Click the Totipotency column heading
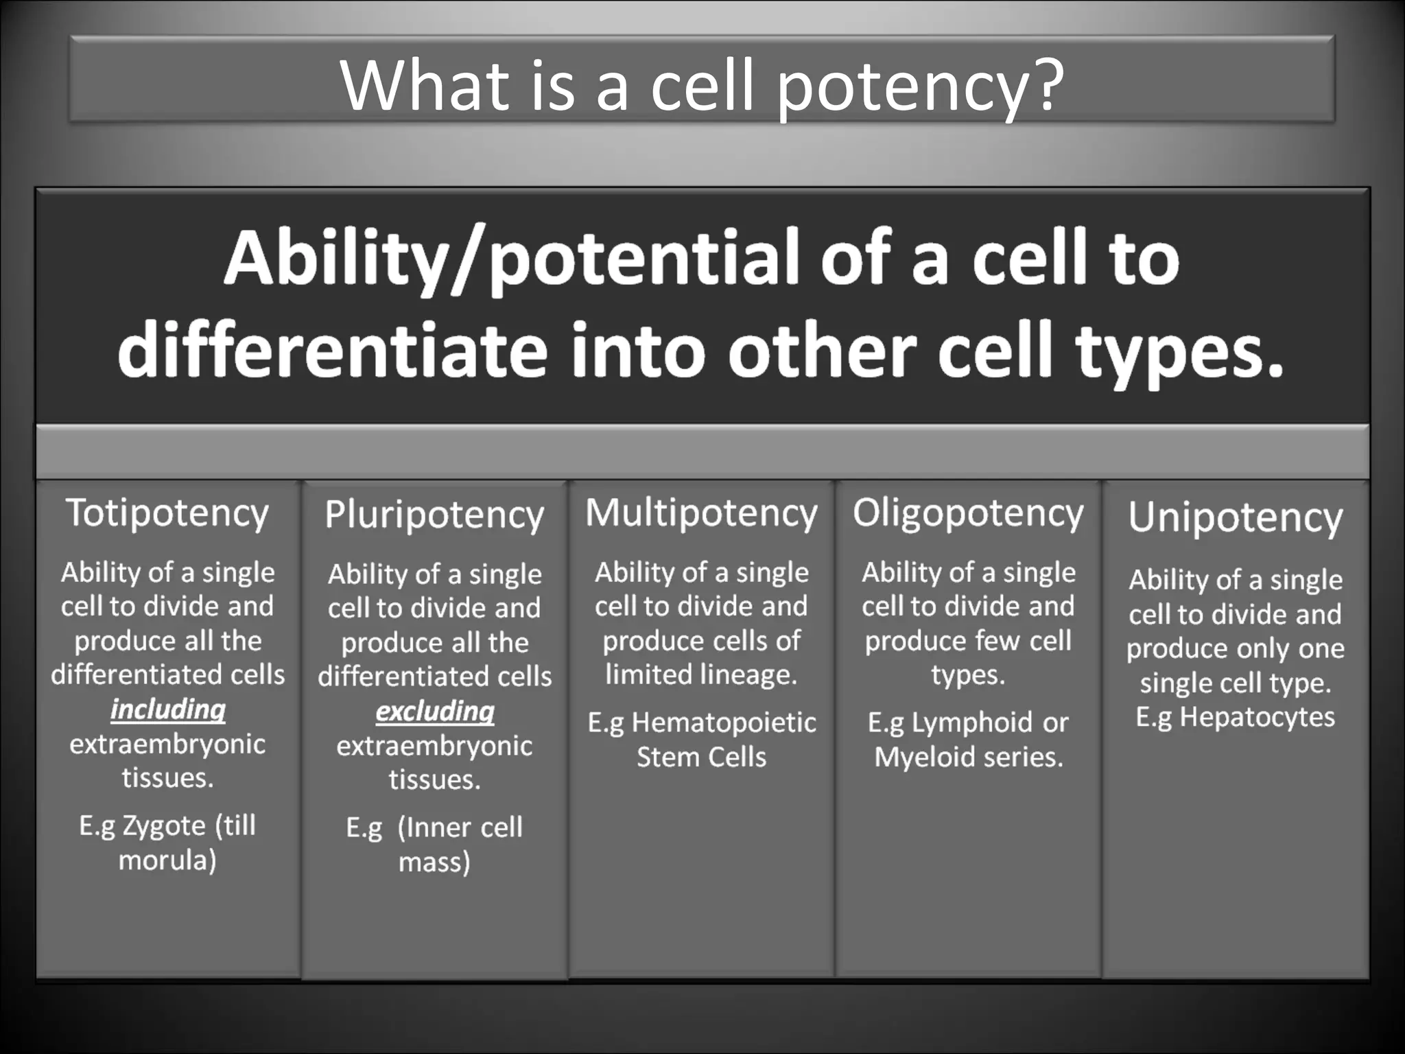[x=167, y=513]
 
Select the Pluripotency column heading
[x=434, y=515]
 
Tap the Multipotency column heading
[x=701, y=513]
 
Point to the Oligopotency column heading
[x=968, y=513]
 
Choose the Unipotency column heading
[x=1235, y=517]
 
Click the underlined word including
[x=168, y=710]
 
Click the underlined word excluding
[x=435, y=712]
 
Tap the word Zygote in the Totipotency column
[x=164, y=825]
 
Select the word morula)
[x=167, y=860]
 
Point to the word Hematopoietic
[x=724, y=723]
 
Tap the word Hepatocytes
[x=1257, y=717]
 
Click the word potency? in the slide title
[x=920, y=86]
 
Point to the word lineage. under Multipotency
[x=701, y=675]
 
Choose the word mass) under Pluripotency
[x=434, y=862]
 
